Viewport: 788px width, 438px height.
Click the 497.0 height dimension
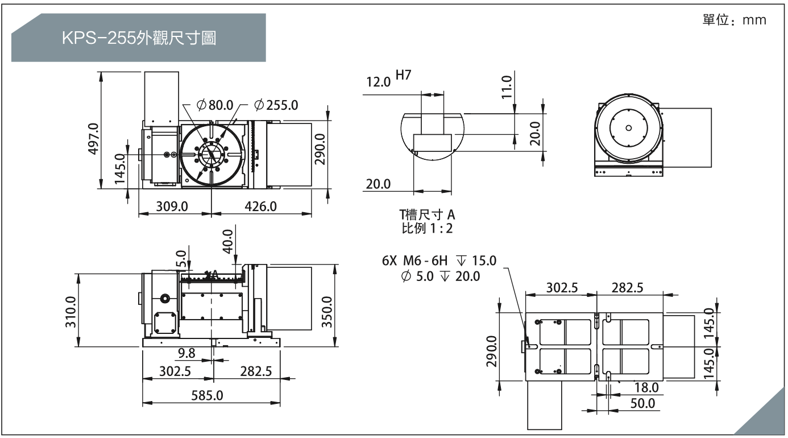click(93, 139)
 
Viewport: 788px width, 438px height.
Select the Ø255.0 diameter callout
click(276, 105)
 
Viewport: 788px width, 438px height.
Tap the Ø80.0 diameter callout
click(215, 105)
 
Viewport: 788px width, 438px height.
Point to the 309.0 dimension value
click(172, 206)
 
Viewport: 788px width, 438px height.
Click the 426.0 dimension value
click(260, 206)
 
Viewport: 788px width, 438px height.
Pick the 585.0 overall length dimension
click(207, 395)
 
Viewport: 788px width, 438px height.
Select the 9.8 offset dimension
click(186, 353)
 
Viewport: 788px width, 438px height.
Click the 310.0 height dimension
click(70, 312)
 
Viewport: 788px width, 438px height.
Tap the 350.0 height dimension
click(327, 312)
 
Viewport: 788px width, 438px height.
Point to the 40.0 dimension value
click(228, 241)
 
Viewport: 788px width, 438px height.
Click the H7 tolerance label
click(404, 75)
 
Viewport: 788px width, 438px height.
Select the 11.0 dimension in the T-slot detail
click(507, 87)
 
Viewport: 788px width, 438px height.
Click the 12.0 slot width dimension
click(379, 82)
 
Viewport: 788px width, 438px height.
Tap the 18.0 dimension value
click(646, 387)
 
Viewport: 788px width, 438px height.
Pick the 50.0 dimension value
click(642, 403)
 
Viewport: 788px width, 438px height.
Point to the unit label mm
click(754, 20)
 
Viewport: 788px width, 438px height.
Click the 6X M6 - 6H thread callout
click(415, 261)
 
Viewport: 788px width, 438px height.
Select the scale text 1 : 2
click(442, 229)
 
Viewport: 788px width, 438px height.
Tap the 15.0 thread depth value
click(484, 261)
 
